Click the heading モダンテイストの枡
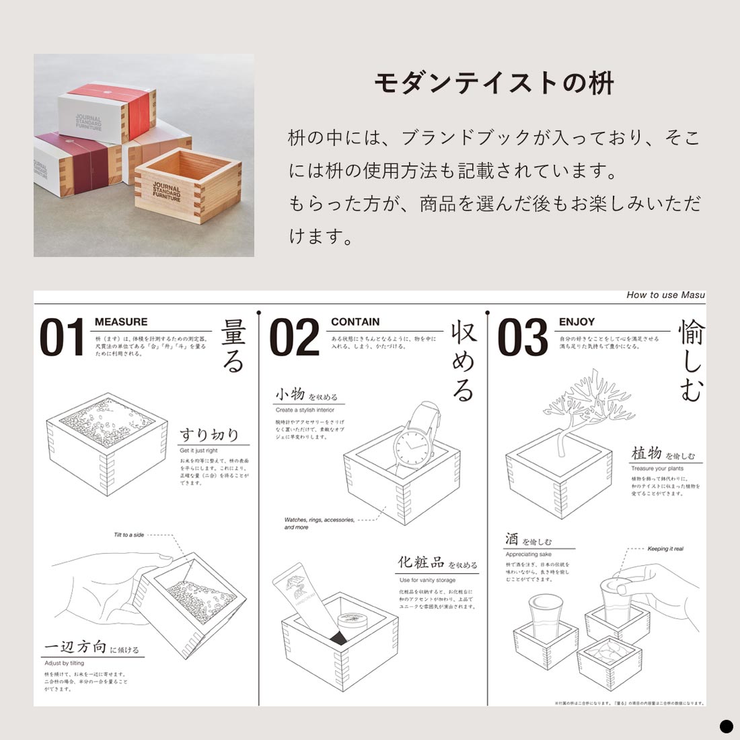pos(494,83)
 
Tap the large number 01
pos(63,338)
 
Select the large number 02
pos(294,338)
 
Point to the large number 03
pos(523,338)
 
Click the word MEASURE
pos(121,322)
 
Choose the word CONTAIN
pos(355,322)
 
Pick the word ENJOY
pos(577,322)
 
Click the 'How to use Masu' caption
pos(665,295)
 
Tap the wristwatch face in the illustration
pos(412,447)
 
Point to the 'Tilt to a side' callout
pos(129,535)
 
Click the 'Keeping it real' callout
pos(665,549)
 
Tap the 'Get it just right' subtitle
pos(198,451)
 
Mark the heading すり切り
pos(209,434)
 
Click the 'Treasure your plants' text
pos(657,469)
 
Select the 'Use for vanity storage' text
pos(427,580)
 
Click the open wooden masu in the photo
pos(187,182)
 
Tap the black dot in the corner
pos(726,726)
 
